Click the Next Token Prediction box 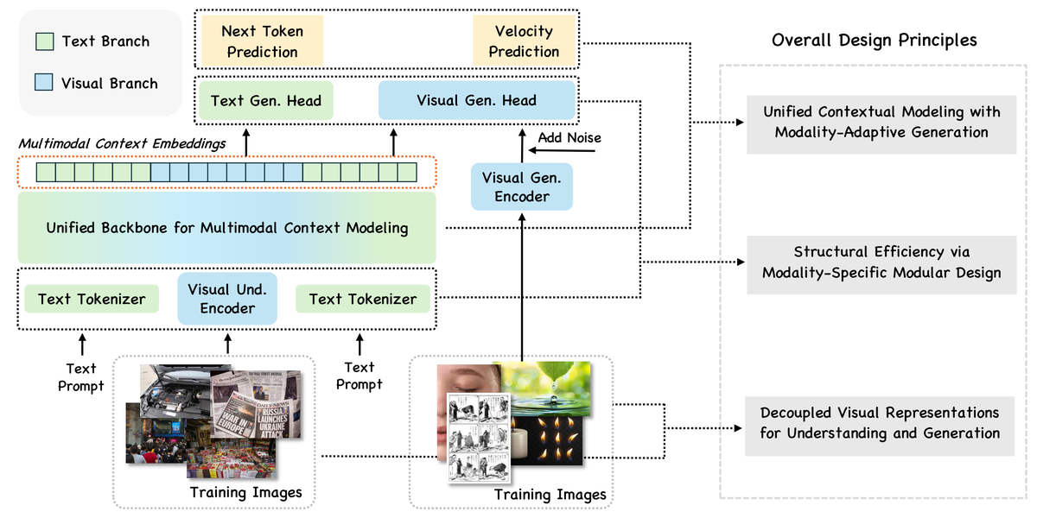262,42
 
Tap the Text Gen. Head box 265,100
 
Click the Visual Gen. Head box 476,100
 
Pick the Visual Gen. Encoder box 522,187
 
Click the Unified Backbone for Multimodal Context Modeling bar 226,228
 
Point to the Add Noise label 569,138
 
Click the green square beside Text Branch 45,41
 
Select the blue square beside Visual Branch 45,84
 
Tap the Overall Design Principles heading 874,41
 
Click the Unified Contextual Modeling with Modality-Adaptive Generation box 881,122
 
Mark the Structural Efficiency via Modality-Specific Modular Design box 881,262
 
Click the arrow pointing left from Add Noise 561,151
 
